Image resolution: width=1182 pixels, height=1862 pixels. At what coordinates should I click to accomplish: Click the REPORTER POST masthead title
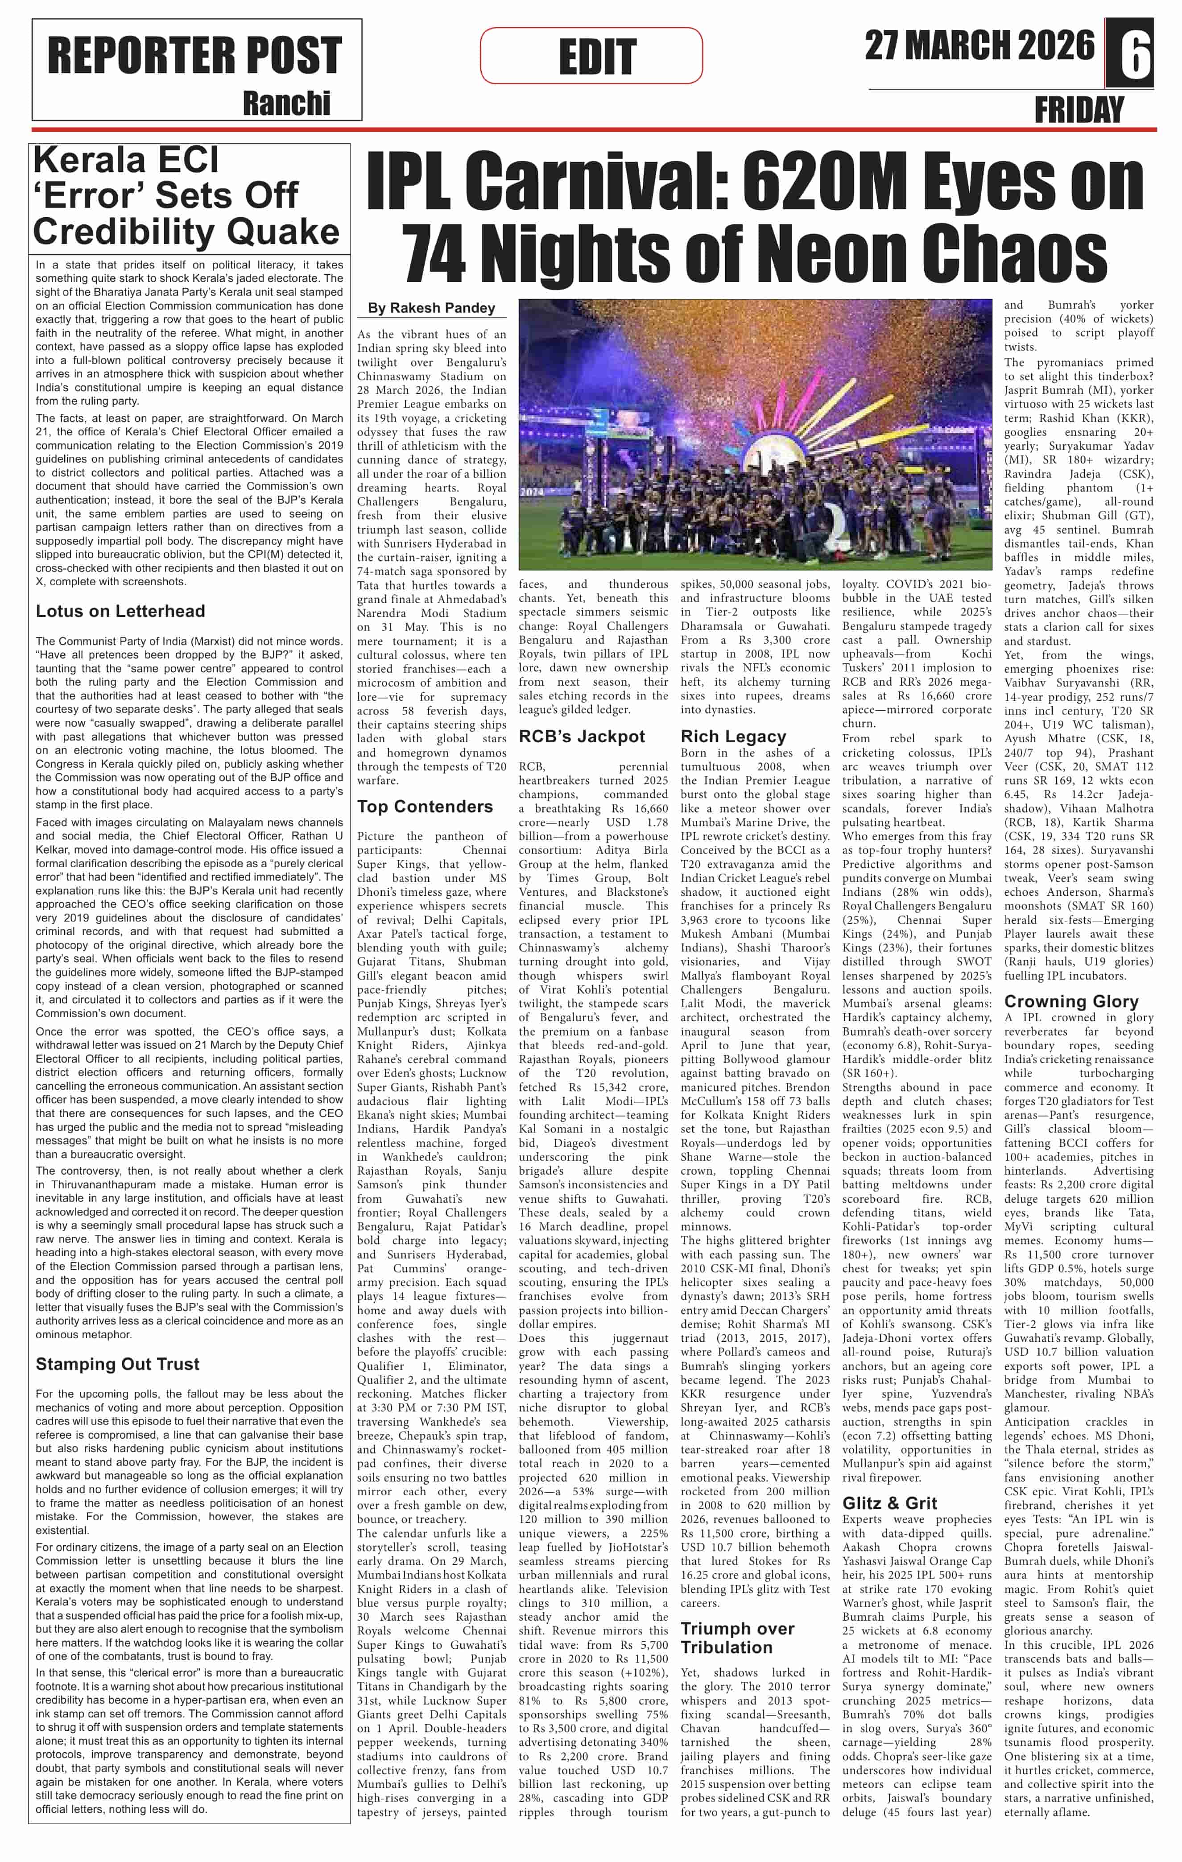coord(195,56)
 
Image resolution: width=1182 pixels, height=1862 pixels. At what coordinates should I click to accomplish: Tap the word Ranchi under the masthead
coord(286,103)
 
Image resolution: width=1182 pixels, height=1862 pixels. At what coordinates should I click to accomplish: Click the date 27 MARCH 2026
coord(979,46)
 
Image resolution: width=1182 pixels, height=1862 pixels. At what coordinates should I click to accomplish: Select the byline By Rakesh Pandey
coord(431,308)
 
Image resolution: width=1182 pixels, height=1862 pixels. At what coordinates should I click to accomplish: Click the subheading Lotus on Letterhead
coord(120,611)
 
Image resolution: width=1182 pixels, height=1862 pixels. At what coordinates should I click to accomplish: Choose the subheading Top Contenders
coord(425,807)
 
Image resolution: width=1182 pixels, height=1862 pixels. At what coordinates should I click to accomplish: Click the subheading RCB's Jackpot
coord(581,736)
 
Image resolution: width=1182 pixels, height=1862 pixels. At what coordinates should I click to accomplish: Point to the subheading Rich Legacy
coord(733,736)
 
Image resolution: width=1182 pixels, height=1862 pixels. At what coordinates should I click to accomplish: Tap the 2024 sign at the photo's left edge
coord(531,490)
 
